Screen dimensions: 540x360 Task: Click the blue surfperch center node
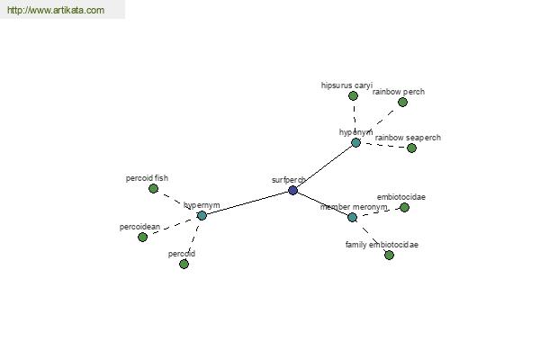(x=292, y=190)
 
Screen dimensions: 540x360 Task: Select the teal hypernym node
(x=202, y=216)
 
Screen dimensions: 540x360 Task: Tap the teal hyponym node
(x=355, y=142)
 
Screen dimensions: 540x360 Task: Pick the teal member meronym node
(x=352, y=218)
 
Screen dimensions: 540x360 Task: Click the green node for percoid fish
(x=153, y=188)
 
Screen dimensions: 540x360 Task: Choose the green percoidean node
(x=142, y=237)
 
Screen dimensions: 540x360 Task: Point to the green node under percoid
(x=184, y=265)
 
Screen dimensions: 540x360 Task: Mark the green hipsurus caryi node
(x=353, y=95)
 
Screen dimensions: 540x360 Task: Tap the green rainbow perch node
(x=402, y=102)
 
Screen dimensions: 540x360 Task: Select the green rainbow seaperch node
(x=411, y=148)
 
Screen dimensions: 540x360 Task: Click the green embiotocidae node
(x=404, y=207)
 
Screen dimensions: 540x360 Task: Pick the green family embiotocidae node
(x=389, y=256)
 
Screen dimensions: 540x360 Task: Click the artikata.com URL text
(x=56, y=10)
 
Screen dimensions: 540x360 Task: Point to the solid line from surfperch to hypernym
(x=247, y=202)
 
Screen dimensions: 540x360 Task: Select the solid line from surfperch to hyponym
(x=324, y=166)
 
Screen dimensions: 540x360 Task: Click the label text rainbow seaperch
(x=408, y=138)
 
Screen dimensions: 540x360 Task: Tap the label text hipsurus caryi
(x=346, y=85)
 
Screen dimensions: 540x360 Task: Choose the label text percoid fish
(x=147, y=178)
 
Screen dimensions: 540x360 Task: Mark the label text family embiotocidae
(x=382, y=245)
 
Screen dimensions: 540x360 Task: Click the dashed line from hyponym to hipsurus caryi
(x=355, y=119)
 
